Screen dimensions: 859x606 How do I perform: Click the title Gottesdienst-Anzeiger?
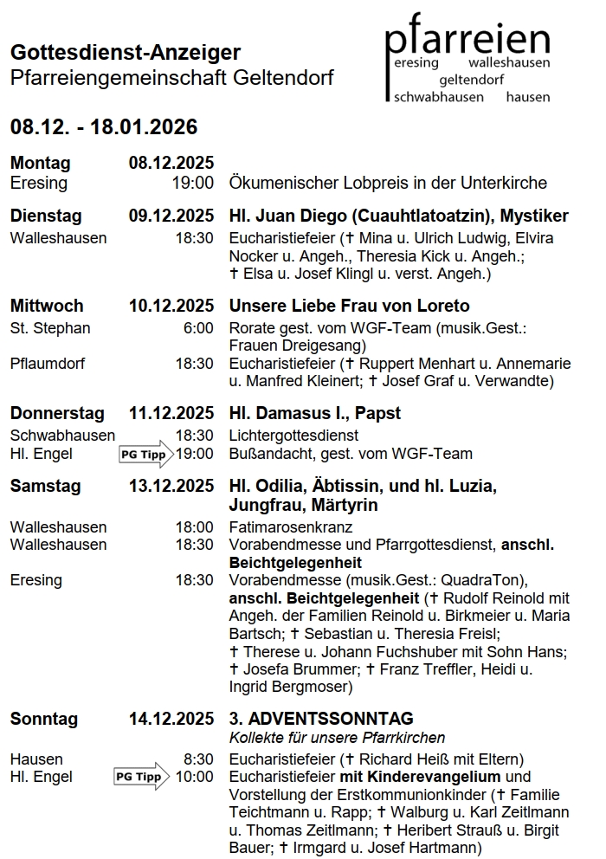[x=126, y=53]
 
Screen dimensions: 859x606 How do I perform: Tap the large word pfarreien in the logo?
[x=467, y=39]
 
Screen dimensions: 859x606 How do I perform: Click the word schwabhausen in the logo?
[x=438, y=97]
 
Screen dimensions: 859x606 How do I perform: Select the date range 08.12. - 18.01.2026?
[x=104, y=128]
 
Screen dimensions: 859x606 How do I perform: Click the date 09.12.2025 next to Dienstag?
[x=171, y=216]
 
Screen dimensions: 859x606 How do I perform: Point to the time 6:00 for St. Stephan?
[x=198, y=328]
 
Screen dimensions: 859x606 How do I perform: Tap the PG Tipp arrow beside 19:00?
[x=145, y=454]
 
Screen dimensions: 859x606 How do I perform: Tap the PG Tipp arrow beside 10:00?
[x=142, y=777]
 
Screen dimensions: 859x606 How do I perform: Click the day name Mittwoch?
[x=47, y=306]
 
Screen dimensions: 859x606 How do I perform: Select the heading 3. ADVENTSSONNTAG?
[x=321, y=719]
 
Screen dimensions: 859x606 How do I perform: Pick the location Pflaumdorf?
[x=48, y=364]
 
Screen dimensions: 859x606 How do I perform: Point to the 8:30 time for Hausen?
[x=198, y=759]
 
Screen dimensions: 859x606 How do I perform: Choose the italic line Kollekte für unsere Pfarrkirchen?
[x=337, y=738]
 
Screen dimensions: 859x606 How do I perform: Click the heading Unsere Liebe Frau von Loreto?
[x=349, y=306]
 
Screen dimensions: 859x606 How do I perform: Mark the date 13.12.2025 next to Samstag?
[x=171, y=486]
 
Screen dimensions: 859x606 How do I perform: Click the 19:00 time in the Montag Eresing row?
[x=194, y=183]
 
